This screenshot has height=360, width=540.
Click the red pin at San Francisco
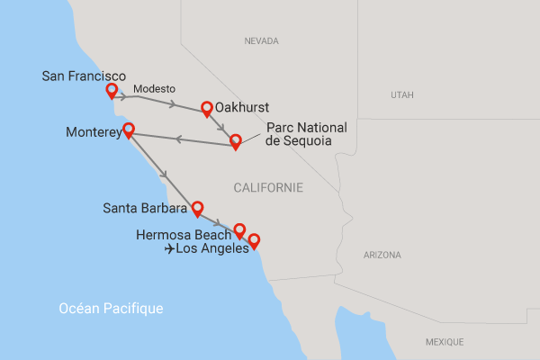point(112,91)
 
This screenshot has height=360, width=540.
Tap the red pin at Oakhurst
point(207,108)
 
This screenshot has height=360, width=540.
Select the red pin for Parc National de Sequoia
point(236,140)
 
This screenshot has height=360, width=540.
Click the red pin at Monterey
point(128,130)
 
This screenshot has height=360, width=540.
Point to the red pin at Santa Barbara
point(197,208)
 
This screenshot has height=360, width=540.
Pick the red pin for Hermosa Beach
point(239,230)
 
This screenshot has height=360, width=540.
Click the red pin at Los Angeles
point(254,240)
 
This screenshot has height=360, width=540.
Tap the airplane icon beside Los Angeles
point(170,250)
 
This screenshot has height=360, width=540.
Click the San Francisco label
point(84,76)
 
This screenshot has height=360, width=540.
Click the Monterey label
point(93,132)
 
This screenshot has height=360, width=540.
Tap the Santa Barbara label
point(145,210)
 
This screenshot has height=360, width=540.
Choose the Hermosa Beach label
point(176,235)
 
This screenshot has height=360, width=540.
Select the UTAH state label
point(402,94)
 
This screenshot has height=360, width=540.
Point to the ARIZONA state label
point(382,255)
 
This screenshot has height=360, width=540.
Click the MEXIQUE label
point(444,342)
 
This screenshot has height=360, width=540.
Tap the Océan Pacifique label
point(111,309)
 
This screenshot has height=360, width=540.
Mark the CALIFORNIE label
point(267,187)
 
